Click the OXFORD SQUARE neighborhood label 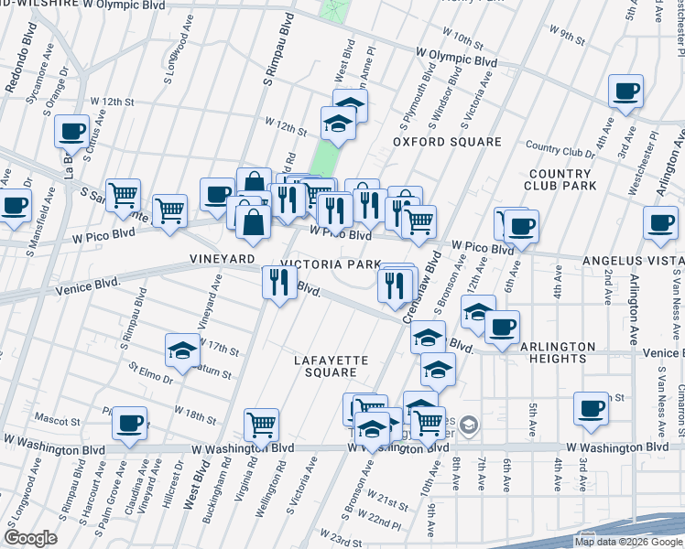click(x=448, y=142)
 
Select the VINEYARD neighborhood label click(x=222, y=260)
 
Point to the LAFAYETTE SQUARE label click(x=331, y=366)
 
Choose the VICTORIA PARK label click(x=330, y=264)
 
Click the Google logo click(x=30, y=538)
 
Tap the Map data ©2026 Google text click(x=628, y=542)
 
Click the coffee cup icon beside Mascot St click(x=129, y=424)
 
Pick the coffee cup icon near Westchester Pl click(x=626, y=91)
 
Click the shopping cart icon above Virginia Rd click(x=262, y=425)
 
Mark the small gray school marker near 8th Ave click(x=468, y=424)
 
